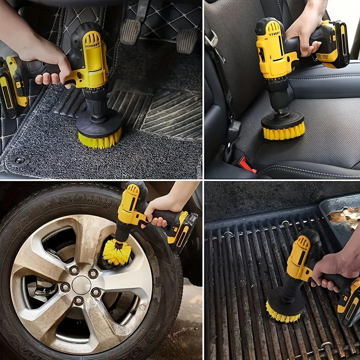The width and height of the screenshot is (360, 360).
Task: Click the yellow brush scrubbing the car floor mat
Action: pyautogui.click(x=99, y=140)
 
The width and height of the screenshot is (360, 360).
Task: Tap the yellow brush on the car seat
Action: pyautogui.click(x=283, y=131)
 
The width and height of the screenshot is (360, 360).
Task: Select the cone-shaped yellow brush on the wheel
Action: pyautogui.click(x=116, y=252)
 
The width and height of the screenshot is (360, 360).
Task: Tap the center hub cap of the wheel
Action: pyautogui.click(x=81, y=285)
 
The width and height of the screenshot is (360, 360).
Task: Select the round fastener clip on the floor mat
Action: pyautogui.click(x=20, y=160)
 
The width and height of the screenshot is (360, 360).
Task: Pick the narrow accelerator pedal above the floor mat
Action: pyautogui.click(x=187, y=40)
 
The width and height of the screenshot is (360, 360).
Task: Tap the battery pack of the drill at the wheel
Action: pyautogui.click(x=182, y=230)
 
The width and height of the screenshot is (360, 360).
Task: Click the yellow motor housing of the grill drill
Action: pyautogui.click(x=299, y=256)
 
